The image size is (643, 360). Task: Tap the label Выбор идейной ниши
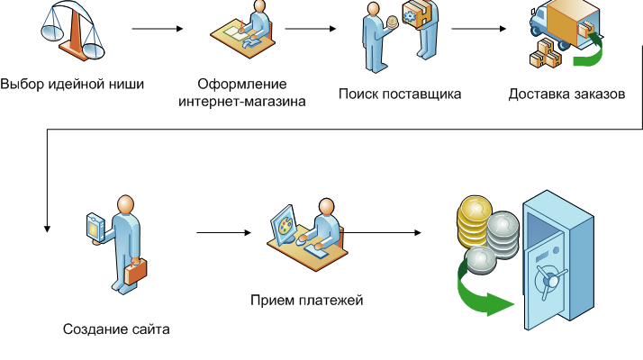click(72, 85)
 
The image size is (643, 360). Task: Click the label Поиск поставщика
click(400, 94)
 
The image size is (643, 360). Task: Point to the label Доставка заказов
click(566, 94)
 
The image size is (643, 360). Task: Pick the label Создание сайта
click(116, 328)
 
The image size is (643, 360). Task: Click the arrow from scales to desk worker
click(158, 29)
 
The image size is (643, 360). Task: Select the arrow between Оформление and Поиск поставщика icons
click(315, 29)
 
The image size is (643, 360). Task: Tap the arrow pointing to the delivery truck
click(477, 29)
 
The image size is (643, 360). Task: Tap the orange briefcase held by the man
click(134, 270)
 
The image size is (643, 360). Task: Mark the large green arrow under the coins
click(486, 292)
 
